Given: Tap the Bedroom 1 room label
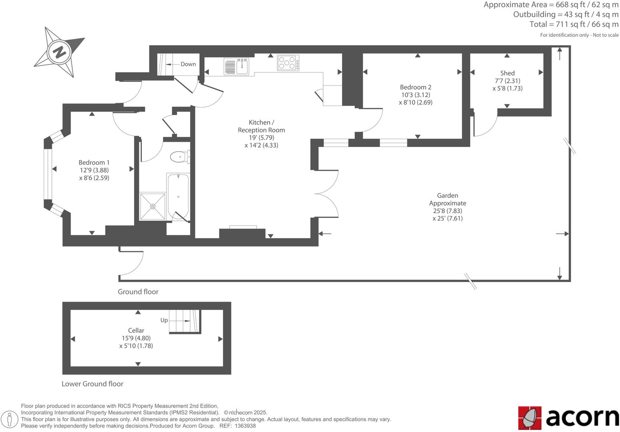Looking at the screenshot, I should click(94, 162).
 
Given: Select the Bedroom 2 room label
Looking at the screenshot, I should click(415, 87).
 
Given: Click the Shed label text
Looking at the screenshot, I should click(507, 73).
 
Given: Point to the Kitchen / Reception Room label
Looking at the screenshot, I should click(261, 126).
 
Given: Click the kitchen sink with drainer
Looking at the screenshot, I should click(236, 66).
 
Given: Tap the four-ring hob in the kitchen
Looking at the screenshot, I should click(288, 63).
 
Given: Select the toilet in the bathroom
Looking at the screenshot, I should click(179, 157).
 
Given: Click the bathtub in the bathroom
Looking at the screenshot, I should click(178, 196).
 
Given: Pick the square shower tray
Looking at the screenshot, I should click(153, 206).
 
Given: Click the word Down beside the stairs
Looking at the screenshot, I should click(188, 64).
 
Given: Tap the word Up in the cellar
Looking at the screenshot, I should click(164, 320).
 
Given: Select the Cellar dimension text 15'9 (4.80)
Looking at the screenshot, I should click(136, 338).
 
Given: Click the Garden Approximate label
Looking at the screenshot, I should click(447, 199).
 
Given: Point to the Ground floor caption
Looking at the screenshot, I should click(138, 292).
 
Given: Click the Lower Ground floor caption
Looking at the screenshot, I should click(92, 384).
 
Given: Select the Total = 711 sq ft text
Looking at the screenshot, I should click(574, 24).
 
